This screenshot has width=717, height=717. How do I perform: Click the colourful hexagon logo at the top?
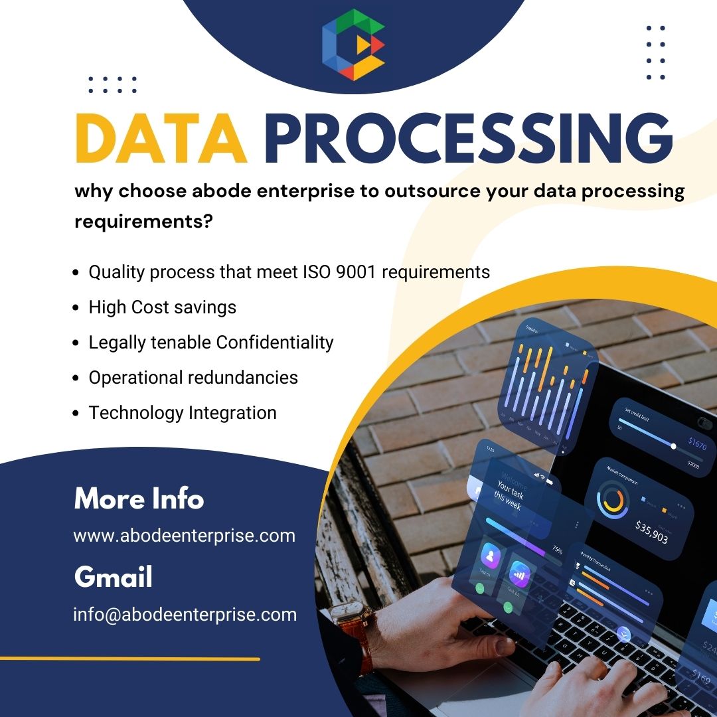(354, 44)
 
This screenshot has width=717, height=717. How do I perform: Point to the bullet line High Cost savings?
(162, 307)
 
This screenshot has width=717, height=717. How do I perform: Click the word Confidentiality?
(275, 342)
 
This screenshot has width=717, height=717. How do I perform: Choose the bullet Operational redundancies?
(193, 377)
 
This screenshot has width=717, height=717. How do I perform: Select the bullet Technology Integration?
(183, 412)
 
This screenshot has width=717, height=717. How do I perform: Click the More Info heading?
(139, 499)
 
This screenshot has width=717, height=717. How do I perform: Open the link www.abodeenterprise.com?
(184, 535)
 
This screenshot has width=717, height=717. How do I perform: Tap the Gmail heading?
(113, 577)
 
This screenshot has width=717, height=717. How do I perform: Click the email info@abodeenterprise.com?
(185, 614)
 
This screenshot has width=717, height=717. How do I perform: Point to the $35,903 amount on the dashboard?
(651, 531)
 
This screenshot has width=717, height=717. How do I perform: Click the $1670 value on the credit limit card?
(697, 443)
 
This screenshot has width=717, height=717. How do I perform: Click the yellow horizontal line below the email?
(129, 659)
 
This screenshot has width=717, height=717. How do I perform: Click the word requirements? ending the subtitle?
(143, 222)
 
